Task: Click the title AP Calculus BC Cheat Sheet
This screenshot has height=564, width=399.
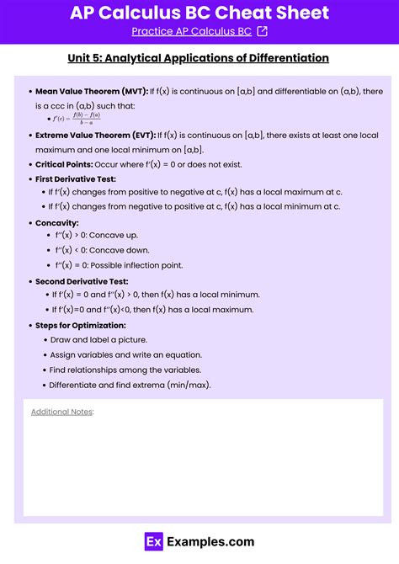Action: point(199,13)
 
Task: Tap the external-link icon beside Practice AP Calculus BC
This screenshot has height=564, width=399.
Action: point(262,32)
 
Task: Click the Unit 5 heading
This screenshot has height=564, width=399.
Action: point(199,58)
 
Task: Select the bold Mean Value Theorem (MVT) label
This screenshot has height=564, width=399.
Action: point(91,90)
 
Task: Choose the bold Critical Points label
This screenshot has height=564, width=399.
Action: point(64,164)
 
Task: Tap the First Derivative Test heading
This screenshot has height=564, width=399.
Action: point(75,179)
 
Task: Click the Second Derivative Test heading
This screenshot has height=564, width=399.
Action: point(82,281)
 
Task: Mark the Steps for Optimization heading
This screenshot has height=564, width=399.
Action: point(81,325)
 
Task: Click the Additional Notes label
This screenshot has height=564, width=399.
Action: point(62,412)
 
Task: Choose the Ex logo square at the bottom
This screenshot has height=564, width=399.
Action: point(153,542)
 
